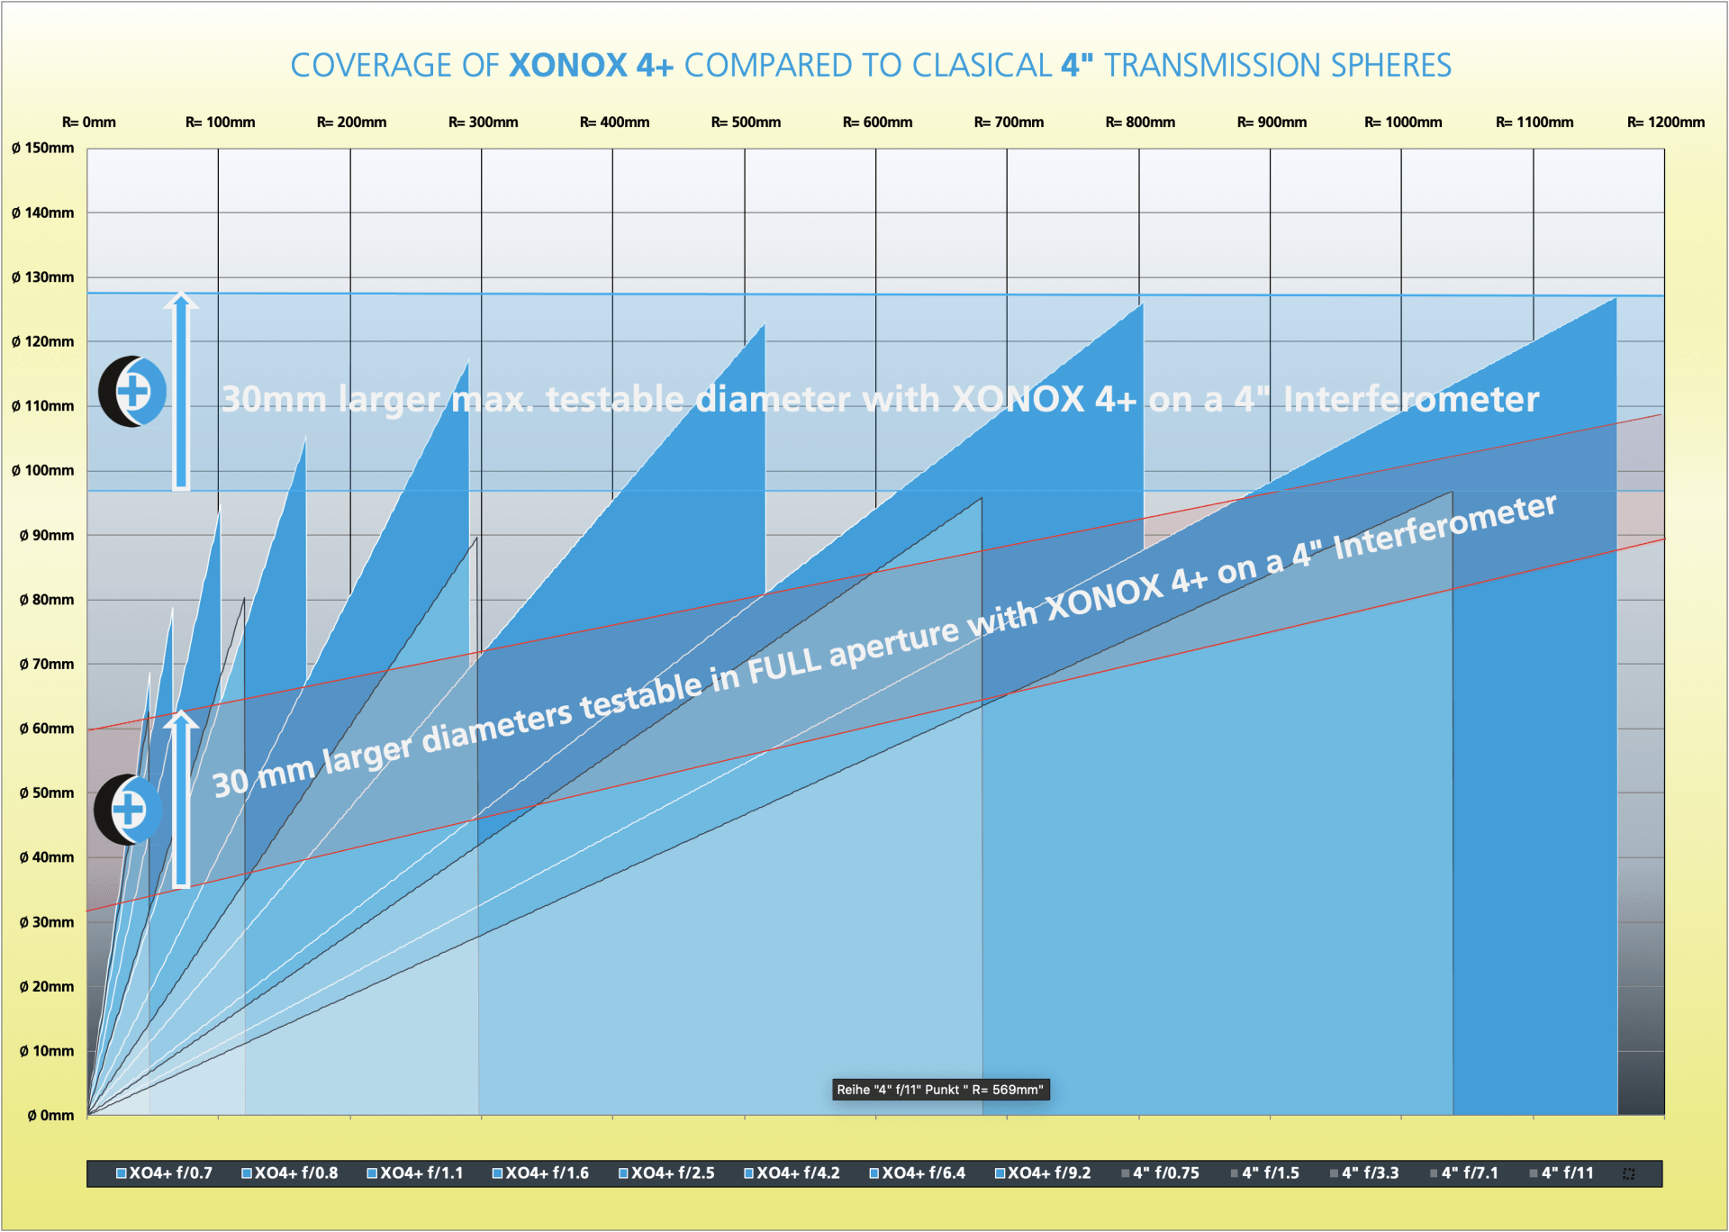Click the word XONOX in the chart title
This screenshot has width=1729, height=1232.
[567, 66]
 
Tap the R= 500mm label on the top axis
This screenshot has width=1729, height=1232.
[746, 122]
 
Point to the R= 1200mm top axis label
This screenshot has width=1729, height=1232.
[1665, 122]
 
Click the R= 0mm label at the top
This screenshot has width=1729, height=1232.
[88, 122]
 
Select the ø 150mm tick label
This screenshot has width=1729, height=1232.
[43, 149]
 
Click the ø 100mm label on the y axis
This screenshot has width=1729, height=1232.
[43, 471]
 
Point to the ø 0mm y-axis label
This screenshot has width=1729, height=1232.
[50, 1116]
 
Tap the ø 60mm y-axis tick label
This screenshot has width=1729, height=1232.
[47, 729]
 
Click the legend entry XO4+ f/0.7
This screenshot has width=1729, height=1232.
[165, 1173]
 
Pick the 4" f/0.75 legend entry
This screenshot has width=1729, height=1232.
[1161, 1173]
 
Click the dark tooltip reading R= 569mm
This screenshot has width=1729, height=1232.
[940, 1090]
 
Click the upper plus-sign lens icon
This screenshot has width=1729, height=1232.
[132, 392]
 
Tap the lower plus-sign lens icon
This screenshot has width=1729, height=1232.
[128, 810]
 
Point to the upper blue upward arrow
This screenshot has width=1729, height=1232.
[181, 392]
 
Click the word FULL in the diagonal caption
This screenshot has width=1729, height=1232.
[784, 666]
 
